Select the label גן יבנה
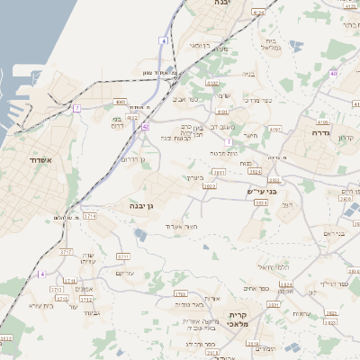click(138, 206)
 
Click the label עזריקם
click(125, 273)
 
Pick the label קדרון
click(346, 138)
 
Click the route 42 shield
click(145, 128)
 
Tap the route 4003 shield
click(120, 103)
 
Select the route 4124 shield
click(259, 13)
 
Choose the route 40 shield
click(333, 74)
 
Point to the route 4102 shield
click(212, 83)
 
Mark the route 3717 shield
click(66, 253)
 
